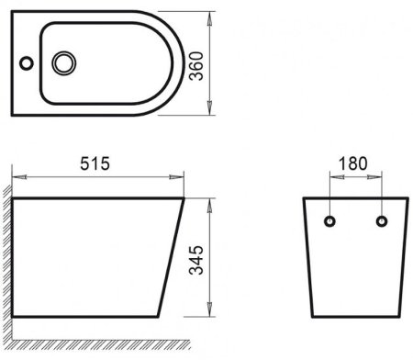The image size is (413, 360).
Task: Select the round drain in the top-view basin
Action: click(x=65, y=63)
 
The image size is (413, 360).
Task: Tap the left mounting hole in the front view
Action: click(x=329, y=220)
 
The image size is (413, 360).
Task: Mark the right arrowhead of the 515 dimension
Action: click(x=180, y=175)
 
